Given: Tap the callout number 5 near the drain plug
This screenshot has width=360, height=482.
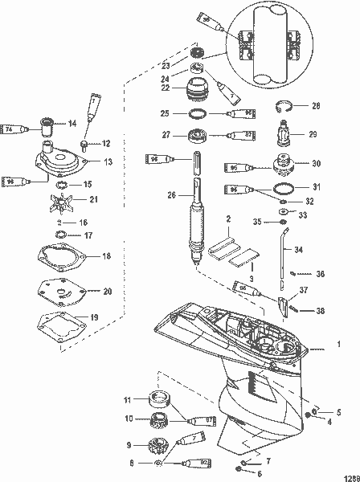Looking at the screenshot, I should coord(338,411).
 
